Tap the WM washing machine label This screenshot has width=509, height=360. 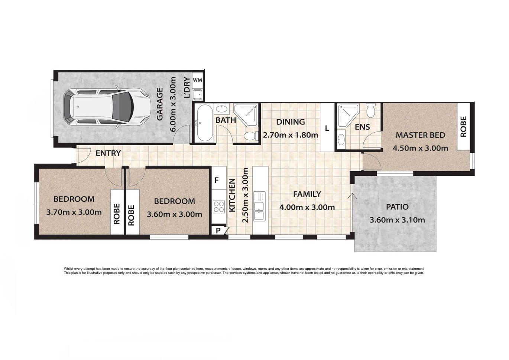[x=198, y=80]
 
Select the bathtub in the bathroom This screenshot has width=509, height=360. [x=204, y=123]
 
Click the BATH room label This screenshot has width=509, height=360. [x=226, y=120]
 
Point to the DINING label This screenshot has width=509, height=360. [x=290, y=122]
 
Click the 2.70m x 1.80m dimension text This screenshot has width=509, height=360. [x=290, y=135]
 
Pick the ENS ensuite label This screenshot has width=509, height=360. [x=362, y=127]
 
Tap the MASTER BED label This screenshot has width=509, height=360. [x=420, y=135]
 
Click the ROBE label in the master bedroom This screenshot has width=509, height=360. [x=463, y=127]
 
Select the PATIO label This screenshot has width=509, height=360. [x=397, y=207]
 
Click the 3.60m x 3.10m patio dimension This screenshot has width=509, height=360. [x=397, y=220]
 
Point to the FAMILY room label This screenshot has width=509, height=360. [x=307, y=194]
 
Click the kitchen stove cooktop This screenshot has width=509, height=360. [x=219, y=206]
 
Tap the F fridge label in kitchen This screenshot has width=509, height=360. [x=217, y=181]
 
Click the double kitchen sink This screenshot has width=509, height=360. [x=259, y=206]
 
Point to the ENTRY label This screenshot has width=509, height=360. [x=108, y=153]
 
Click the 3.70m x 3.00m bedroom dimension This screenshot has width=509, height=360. [x=74, y=213]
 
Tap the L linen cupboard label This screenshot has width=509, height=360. [x=327, y=129]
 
